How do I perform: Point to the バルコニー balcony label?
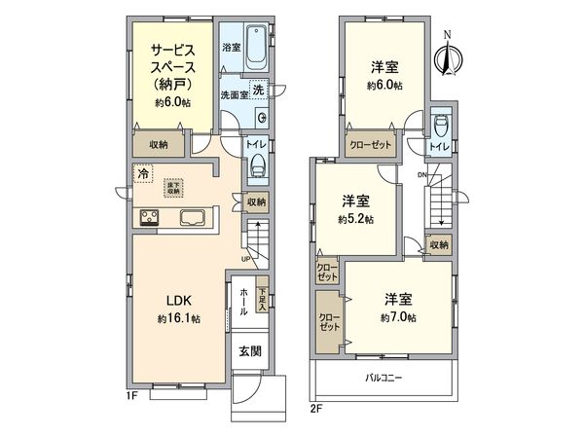pyautogui.click(x=384, y=377)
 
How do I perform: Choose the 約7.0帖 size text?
pyautogui.click(x=399, y=317)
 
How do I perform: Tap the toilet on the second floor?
pyautogui.click(x=439, y=124)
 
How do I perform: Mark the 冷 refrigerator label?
pyautogui.click(x=143, y=174)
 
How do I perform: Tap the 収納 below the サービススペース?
pyautogui.click(x=160, y=144)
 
